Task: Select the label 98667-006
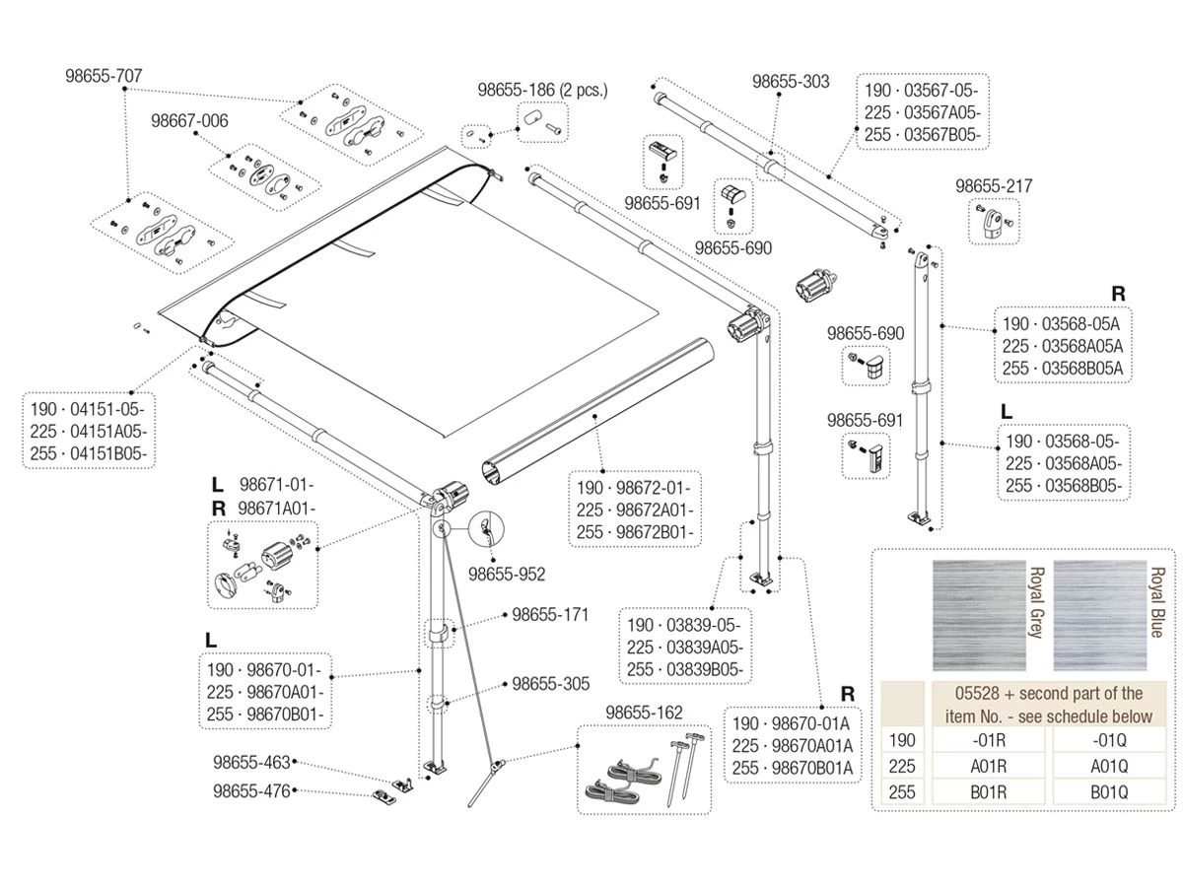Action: (189, 121)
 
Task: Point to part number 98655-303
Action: (791, 81)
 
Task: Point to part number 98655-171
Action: (550, 615)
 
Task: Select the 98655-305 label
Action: (550, 683)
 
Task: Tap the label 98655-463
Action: (252, 762)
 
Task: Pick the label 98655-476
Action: (252, 790)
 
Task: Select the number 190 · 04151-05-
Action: (90, 408)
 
